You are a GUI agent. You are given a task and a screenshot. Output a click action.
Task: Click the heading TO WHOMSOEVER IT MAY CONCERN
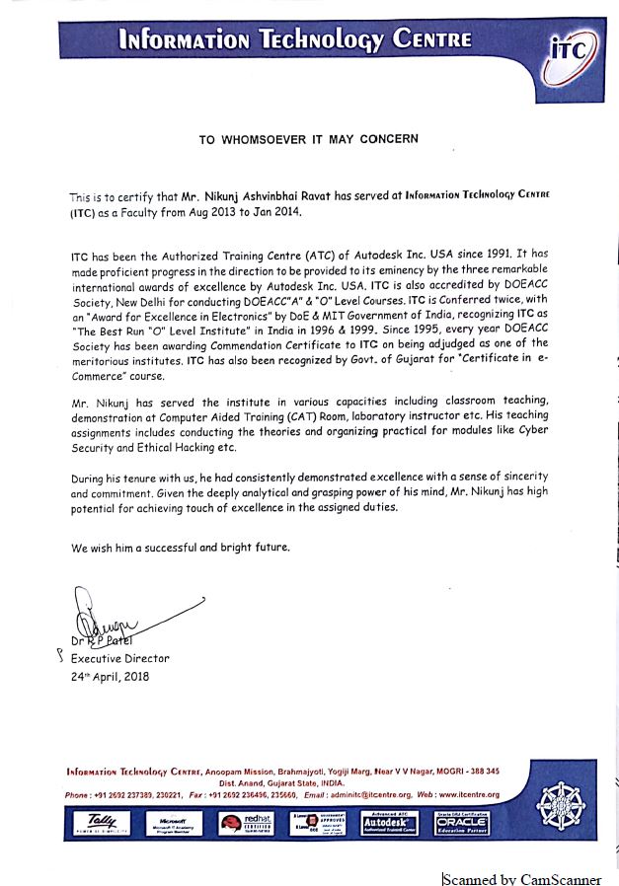pyautogui.click(x=309, y=139)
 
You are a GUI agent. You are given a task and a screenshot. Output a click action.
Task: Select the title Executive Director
pyautogui.click(x=119, y=658)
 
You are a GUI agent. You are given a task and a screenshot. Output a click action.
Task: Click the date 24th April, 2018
pyautogui.click(x=109, y=678)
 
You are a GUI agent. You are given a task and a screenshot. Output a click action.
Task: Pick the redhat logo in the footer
pyautogui.click(x=246, y=822)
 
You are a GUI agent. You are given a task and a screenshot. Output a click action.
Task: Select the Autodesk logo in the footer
pyautogui.click(x=388, y=822)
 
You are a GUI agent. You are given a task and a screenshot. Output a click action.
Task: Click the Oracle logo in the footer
pyautogui.click(x=460, y=822)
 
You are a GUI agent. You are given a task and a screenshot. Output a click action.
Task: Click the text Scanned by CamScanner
pyautogui.click(x=521, y=878)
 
